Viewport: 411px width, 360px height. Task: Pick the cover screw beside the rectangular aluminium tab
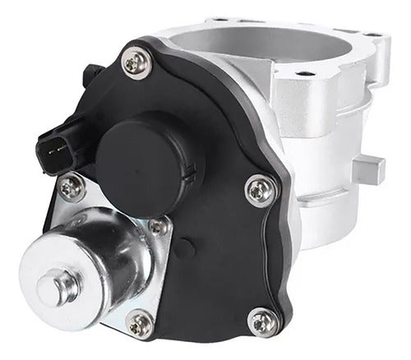[x=260, y=192]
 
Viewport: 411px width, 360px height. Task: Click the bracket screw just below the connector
[x=71, y=189]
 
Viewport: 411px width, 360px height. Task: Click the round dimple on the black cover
[x=192, y=246]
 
